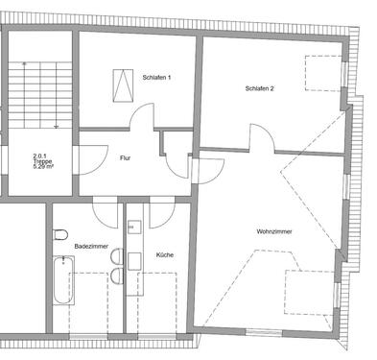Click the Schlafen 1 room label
(155, 76)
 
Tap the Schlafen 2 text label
(260, 88)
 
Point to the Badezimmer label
(89, 246)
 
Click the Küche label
(164, 254)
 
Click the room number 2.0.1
(40, 155)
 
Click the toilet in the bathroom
(59, 233)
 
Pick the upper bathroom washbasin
(117, 256)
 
